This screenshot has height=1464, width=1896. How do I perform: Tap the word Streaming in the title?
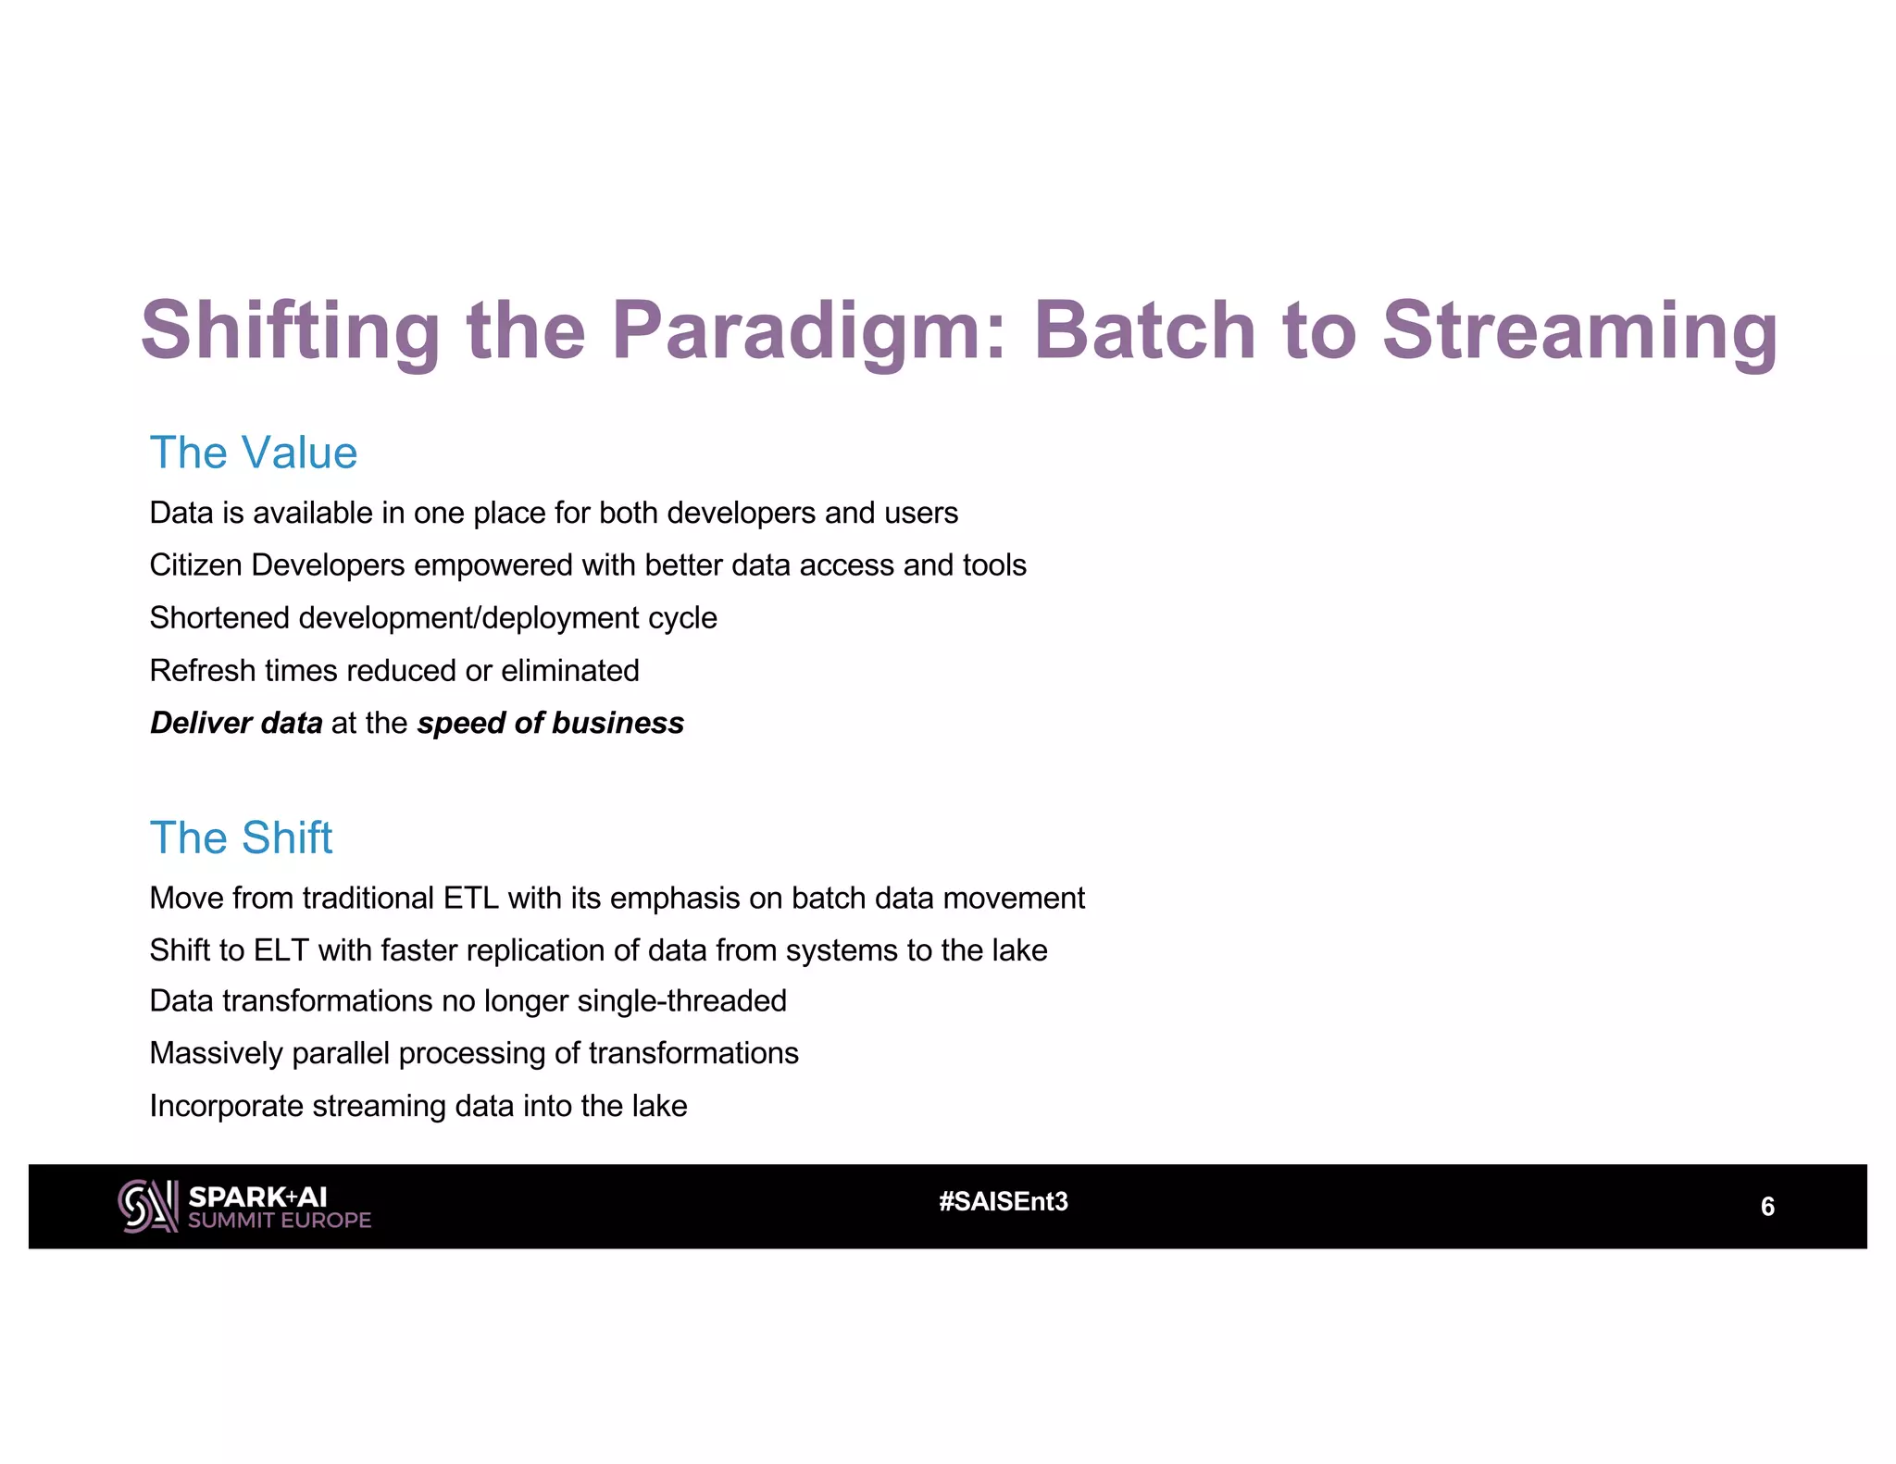point(1579,331)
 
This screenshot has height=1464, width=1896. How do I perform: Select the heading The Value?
point(253,453)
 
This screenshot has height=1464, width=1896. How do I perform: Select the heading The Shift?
point(241,837)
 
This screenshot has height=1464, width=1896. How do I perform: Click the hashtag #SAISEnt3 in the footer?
point(1004,1201)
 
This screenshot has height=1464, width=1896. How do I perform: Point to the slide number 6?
point(1766,1207)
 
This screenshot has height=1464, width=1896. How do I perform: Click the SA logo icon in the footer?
point(147,1206)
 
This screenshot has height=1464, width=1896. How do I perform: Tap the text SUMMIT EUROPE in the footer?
point(279,1221)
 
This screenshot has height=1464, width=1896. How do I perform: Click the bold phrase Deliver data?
point(236,723)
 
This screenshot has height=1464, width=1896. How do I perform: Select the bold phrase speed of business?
point(550,723)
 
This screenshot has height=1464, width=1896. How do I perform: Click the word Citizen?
point(196,565)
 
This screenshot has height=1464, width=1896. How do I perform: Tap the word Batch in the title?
point(1142,331)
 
